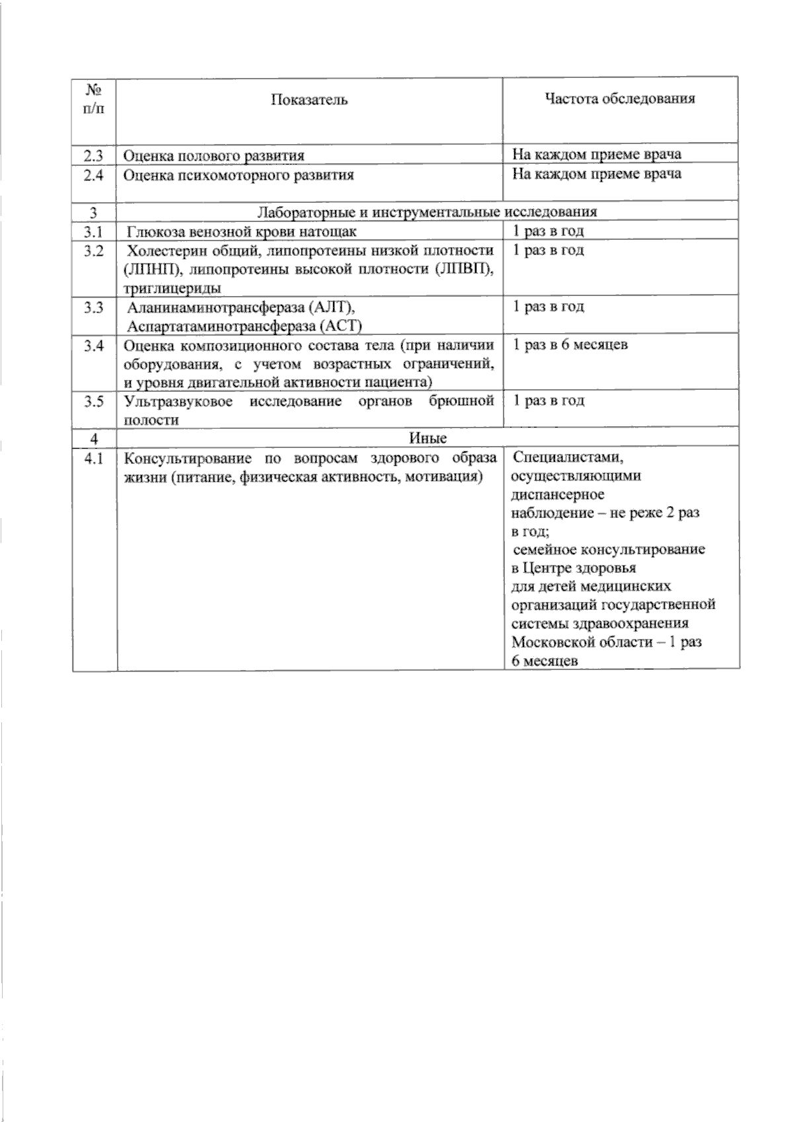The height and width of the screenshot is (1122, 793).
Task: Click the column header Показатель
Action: pyautogui.click(x=309, y=100)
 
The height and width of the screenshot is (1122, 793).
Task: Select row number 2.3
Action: pyautogui.click(x=94, y=155)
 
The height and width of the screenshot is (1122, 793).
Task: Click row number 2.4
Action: pyautogui.click(x=94, y=175)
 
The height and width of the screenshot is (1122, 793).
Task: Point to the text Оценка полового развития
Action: pyautogui.click(x=214, y=156)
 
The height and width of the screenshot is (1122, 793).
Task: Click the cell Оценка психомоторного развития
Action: pyautogui.click(x=239, y=175)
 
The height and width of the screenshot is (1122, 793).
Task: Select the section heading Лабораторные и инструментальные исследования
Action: pyautogui.click(x=427, y=212)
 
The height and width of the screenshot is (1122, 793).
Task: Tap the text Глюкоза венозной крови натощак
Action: pyautogui.click(x=242, y=231)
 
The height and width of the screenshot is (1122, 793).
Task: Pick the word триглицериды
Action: pyautogui.click(x=172, y=288)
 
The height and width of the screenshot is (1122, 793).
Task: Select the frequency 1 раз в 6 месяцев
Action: pyautogui.click(x=570, y=345)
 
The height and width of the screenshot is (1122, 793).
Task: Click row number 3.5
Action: pyautogui.click(x=94, y=401)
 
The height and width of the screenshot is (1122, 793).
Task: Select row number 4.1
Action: pyautogui.click(x=94, y=458)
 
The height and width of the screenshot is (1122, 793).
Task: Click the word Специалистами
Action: pyautogui.click(x=568, y=457)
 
